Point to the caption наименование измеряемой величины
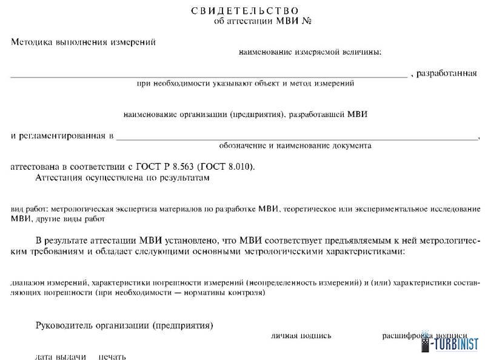click(x=310, y=53)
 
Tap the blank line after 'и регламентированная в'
click(x=297, y=138)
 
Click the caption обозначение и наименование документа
click(x=295, y=146)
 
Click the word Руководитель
click(x=64, y=325)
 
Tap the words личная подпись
click(x=299, y=335)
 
